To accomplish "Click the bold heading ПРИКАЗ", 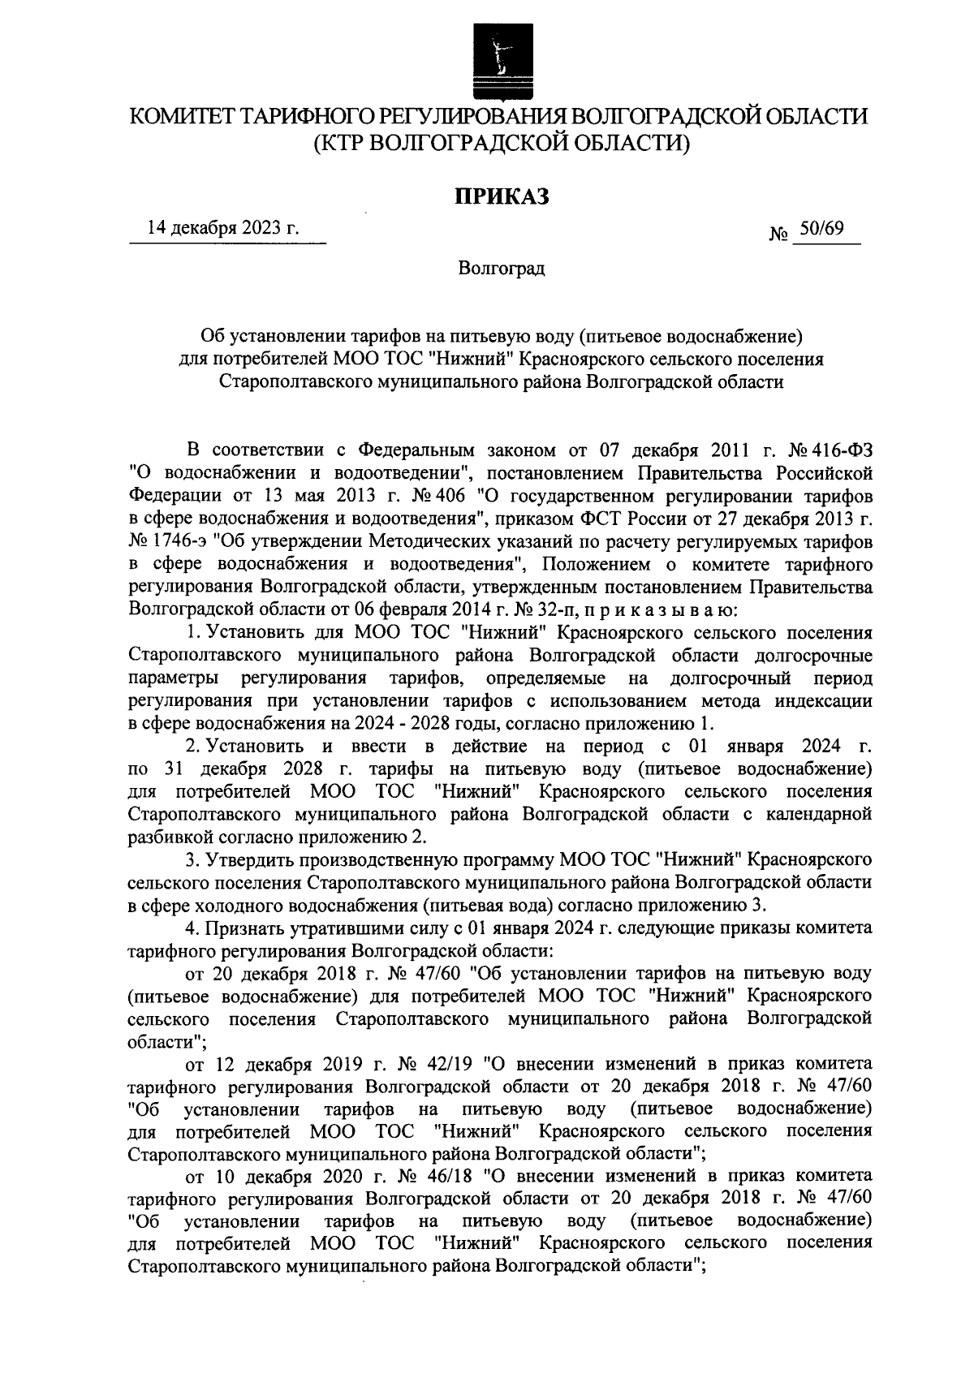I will (x=501, y=196).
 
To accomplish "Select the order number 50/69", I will (x=821, y=230).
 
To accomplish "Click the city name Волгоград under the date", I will (x=501, y=269).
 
